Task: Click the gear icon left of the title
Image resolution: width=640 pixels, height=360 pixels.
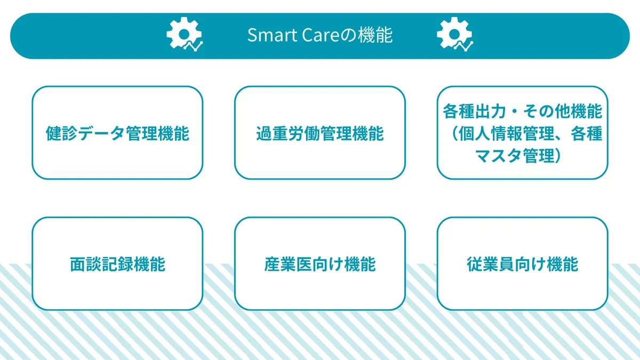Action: click(x=184, y=35)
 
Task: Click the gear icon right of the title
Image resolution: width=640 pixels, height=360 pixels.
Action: click(x=454, y=35)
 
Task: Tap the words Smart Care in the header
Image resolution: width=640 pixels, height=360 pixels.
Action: click(x=289, y=36)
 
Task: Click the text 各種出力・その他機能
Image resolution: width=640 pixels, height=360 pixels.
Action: click(x=522, y=112)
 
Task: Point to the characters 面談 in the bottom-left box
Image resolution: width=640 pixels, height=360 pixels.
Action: click(x=85, y=264)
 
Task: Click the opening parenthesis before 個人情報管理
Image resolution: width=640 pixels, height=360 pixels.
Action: click(x=454, y=134)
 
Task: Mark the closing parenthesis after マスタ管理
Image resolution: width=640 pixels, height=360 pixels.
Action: click(x=559, y=155)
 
